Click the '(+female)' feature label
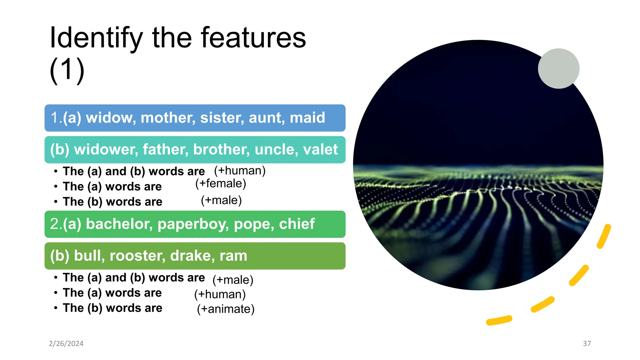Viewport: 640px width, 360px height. tap(221, 183)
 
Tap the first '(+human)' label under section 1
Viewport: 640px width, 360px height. tap(240, 171)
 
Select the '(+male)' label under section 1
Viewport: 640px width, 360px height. tap(221, 200)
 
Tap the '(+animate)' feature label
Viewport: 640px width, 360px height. tap(226, 309)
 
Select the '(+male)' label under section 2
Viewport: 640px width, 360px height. tap(233, 280)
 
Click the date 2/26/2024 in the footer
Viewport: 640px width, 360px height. tap(66, 344)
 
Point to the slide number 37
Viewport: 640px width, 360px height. tap(587, 344)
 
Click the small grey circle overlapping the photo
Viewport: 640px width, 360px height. tap(558, 68)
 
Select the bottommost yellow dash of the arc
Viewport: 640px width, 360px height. tap(499, 320)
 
